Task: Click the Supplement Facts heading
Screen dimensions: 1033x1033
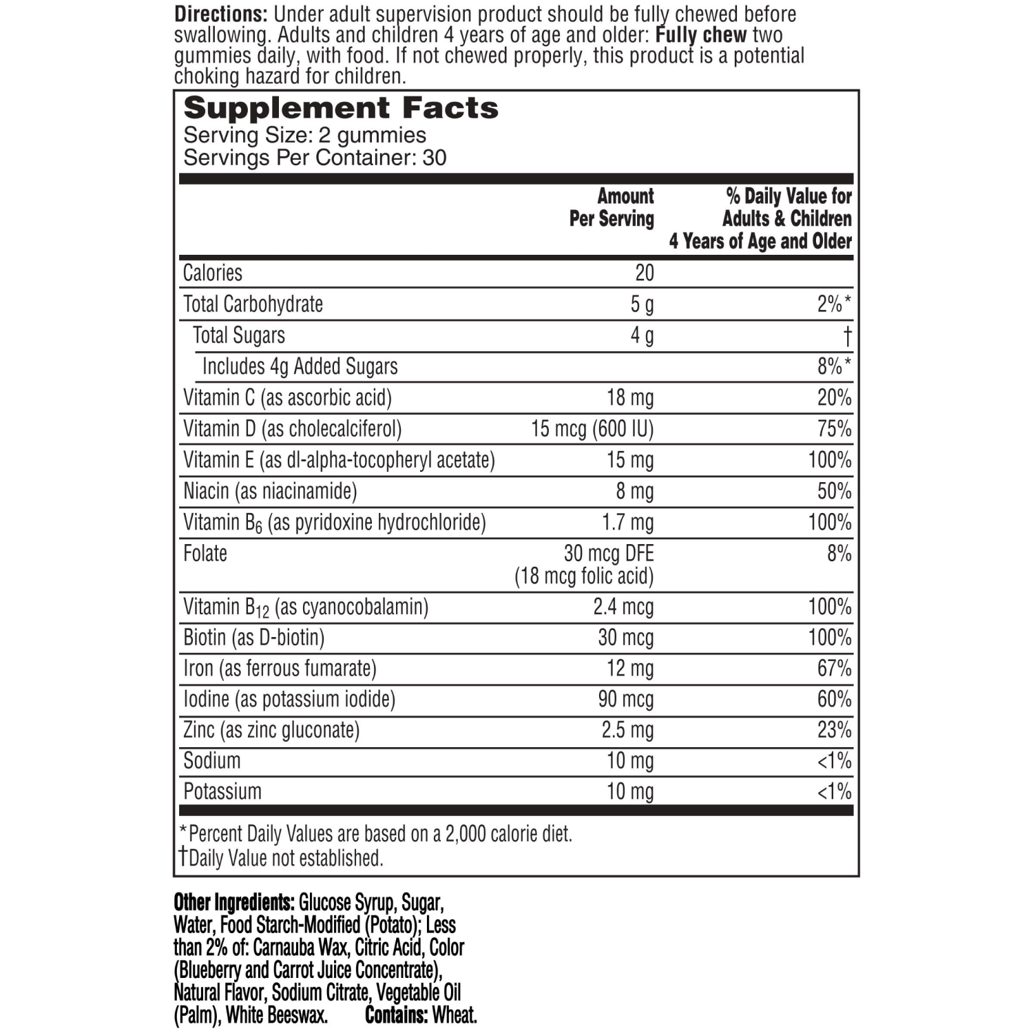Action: [x=341, y=108]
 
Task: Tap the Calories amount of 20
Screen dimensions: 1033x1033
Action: [x=644, y=273]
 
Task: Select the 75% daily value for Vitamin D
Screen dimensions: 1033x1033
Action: [x=834, y=429]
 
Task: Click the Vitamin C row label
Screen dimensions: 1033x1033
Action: [x=287, y=398]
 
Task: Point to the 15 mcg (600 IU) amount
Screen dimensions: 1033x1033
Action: [x=592, y=429]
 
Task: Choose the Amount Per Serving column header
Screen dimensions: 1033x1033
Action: [x=612, y=207]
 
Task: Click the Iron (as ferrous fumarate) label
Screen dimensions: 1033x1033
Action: [x=280, y=669]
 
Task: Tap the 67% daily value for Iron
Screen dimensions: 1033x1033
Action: [x=834, y=669]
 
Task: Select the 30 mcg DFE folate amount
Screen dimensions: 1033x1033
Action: [x=608, y=554]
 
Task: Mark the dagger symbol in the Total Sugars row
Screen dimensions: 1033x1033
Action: [x=847, y=336]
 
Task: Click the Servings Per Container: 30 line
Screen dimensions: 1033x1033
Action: [x=315, y=158]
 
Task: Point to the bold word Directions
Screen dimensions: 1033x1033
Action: [x=220, y=14]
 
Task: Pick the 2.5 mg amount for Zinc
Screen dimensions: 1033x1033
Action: [x=627, y=730]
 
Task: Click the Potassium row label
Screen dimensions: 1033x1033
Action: [x=222, y=792]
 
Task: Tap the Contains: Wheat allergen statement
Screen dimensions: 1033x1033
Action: [x=421, y=1015]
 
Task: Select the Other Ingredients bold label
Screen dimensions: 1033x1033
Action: [x=234, y=902]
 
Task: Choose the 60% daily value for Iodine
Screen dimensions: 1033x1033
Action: [x=834, y=700]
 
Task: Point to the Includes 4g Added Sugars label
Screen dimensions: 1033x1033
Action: [x=300, y=367]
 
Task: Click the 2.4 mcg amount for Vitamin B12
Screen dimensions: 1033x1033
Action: [x=623, y=607]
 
